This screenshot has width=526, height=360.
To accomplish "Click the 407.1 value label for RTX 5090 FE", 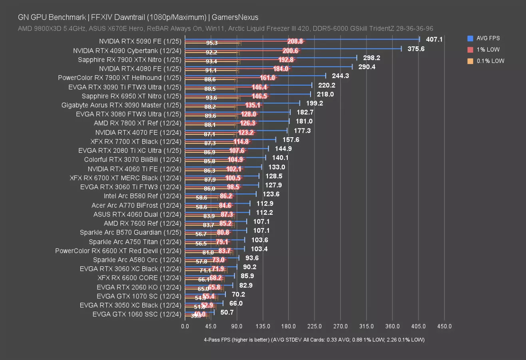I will (434, 40).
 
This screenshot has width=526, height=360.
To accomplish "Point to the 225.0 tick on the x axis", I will (315, 326).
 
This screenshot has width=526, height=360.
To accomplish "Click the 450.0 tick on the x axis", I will (444, 326).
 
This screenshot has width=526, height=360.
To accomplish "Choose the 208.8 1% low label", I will (295, 41).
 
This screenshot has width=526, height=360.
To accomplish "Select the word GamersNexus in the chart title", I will (235, 17).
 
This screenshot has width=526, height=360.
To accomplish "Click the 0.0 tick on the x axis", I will (185, 326).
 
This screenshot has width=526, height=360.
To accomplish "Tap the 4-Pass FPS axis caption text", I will (314, 340).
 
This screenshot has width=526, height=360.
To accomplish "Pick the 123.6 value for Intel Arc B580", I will (271, 194).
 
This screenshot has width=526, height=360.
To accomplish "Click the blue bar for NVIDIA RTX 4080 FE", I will (268, 66).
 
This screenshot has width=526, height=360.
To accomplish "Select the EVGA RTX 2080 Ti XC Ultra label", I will (130, 150).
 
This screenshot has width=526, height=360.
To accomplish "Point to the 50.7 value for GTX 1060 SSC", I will (227, 312).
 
